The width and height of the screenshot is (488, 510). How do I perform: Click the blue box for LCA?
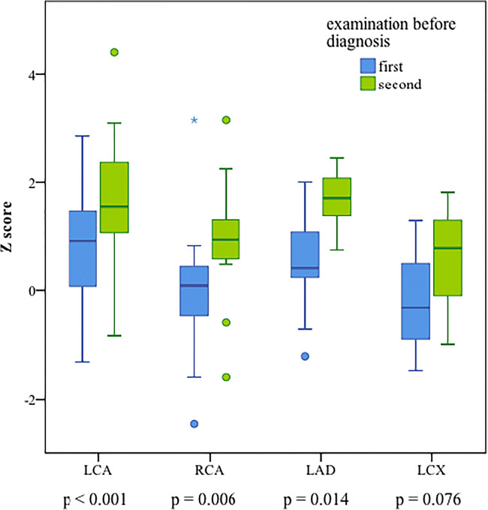(x=83, y=248)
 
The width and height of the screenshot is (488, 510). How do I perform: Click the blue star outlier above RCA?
(x=194, y=120)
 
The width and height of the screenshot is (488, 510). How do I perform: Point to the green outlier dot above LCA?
(x=114, y=52)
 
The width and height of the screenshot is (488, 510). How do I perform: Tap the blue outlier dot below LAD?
(x=306, y=356)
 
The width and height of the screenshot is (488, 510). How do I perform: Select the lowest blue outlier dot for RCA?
(x=194, y=424)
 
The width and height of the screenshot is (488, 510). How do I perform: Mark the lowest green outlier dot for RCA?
(x=226, y=377)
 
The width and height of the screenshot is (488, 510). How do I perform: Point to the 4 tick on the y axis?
(x=38, y=74)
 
